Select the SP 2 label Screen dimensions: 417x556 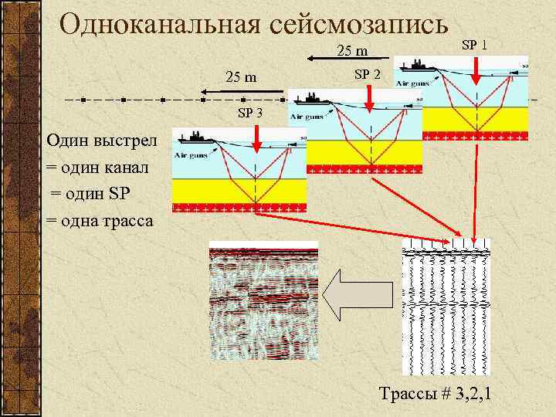pos(367,74)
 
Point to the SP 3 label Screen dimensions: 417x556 pos(249,113)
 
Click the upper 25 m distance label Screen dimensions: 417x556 pos(352,52)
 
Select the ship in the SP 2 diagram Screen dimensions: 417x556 pos(311,99)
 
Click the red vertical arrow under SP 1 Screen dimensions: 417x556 pos(476,69)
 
